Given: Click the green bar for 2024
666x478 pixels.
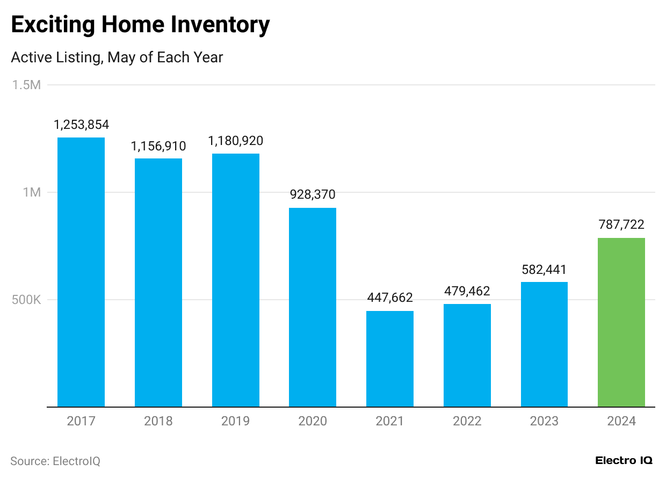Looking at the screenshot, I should (x=621, y=322).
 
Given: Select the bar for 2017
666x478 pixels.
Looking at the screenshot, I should (x=81, y=272).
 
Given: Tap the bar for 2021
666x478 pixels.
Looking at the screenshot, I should (x=390, y=359).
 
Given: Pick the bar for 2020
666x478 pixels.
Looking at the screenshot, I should (x=313, y=307).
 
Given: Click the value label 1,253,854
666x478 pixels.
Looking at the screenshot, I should (x=81, y=125).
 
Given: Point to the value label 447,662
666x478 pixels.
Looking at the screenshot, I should (x=390, y=298).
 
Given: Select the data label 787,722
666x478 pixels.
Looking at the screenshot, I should (x=621, y=224).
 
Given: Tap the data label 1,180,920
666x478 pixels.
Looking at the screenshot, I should (x=236, y=141).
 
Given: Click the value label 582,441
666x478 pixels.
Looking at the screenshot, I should (x=544, y=269).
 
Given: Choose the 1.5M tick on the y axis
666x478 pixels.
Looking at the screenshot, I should (x=26, y=85).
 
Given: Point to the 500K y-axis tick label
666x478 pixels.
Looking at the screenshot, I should (x=26, y=300).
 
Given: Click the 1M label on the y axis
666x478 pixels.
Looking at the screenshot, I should (x=32, y=192).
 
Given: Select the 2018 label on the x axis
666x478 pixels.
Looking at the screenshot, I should (x=158, y=421).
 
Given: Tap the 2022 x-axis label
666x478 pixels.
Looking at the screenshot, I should (x=467, y=421).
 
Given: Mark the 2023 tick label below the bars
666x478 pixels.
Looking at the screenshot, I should (x=544, y=421).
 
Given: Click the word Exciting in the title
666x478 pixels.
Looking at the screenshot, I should (x=52, y=25).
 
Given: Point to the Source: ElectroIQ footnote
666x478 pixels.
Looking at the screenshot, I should (x=55, y=461).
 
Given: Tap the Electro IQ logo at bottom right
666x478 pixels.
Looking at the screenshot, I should (x=624, y=461).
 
